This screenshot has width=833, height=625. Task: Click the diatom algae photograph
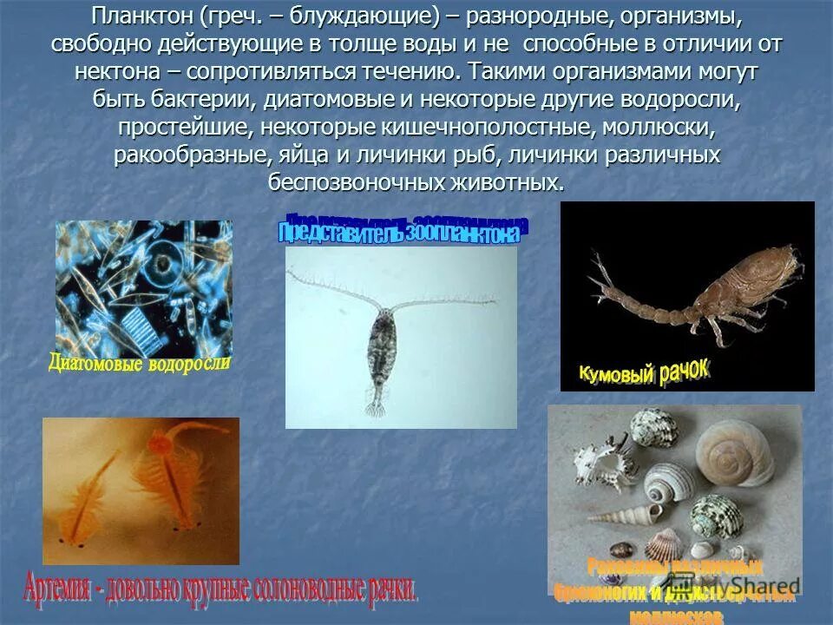[x=143, y=287]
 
